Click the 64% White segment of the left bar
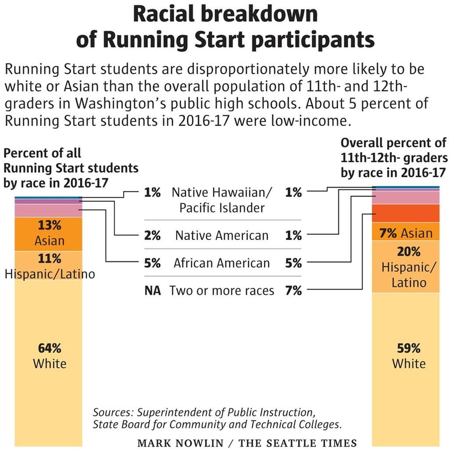coord(49,354)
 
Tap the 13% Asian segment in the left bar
coord(49,233)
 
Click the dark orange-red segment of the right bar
coord(406,213)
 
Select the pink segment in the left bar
coord(49,211)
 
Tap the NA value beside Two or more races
coord(152,291)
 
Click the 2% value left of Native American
coord(152,236)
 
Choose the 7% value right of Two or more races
coord(293,291)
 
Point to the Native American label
coord(222,236)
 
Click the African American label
coord(222,263)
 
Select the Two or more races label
coord(222,291)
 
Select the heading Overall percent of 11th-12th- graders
coord(393,158)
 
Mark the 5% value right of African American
coord(293,263)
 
